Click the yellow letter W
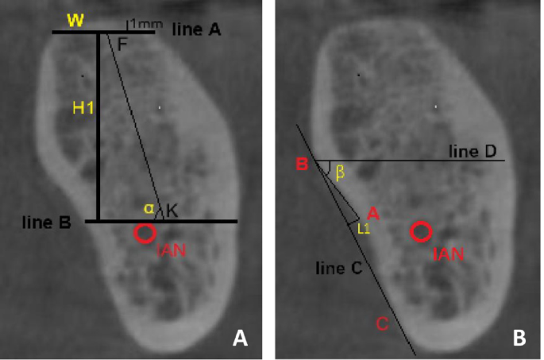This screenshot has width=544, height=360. pos(75,19)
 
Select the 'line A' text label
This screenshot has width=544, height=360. pos(195,29)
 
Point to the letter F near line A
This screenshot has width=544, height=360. pos(122,45)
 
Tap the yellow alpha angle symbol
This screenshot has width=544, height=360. pos(148,208)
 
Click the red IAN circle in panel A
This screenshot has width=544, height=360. pos(145,233)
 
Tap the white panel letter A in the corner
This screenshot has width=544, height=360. pos(241,339)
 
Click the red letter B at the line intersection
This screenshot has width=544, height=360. pos(302,165)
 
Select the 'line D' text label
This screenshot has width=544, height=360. pos(473,151)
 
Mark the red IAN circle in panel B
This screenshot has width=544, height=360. pos(421,232)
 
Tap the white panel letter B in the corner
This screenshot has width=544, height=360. pos(519,339)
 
